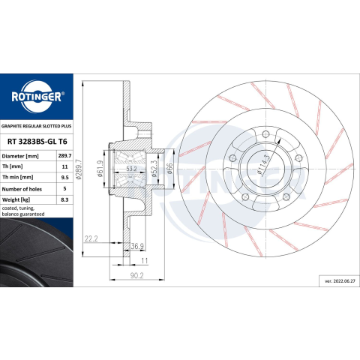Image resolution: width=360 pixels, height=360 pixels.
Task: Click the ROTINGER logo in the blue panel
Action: pos(37,97)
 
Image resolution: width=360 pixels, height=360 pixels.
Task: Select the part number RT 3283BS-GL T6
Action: pos(37,142)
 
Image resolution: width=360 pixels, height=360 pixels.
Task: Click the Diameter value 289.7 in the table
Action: pos(64,156)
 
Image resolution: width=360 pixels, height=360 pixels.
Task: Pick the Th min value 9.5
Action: pos(64,177)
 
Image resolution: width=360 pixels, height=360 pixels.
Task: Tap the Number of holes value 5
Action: pos(64,188)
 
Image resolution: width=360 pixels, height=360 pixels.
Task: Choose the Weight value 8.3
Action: pos(64,199)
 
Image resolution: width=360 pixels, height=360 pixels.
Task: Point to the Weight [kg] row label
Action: pos(16,199)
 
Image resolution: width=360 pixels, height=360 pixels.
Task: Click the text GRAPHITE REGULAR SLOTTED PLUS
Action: pos(37,126)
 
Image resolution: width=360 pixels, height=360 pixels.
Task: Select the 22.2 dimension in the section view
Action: pos(91,238)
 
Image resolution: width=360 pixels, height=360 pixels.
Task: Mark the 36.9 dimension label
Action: pos(137,246)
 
